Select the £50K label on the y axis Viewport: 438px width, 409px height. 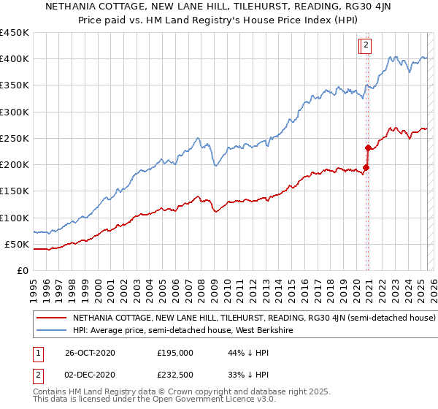click(17, 244)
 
